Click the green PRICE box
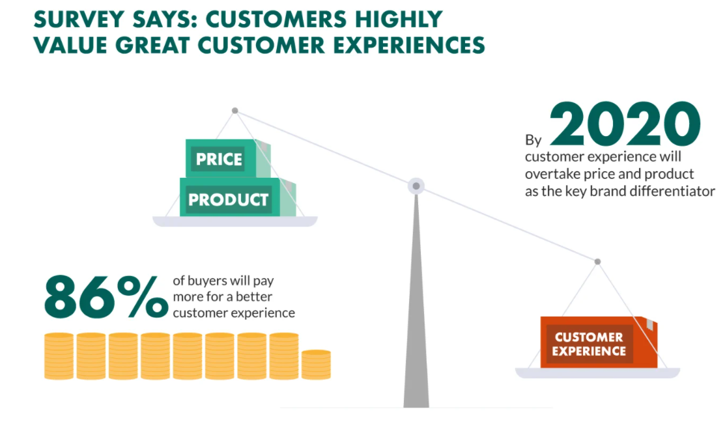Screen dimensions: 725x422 point(228,158)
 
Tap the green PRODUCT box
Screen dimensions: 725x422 point(238,197)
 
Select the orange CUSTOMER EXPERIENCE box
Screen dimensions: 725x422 point(599,342)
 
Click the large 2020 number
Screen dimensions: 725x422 point(625,124)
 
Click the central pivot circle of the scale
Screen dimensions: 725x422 point(416,186)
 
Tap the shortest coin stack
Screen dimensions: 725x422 point(317,365)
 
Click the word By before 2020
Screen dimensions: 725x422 point(533,140)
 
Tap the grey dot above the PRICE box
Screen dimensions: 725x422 point(235,111)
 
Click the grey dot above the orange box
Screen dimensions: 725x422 point(597,262)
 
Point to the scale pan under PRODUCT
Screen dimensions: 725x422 point(235,221)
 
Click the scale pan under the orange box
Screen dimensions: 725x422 point(597,373)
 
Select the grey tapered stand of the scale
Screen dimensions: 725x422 point(416,300)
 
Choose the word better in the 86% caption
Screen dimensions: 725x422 point(254,297)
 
